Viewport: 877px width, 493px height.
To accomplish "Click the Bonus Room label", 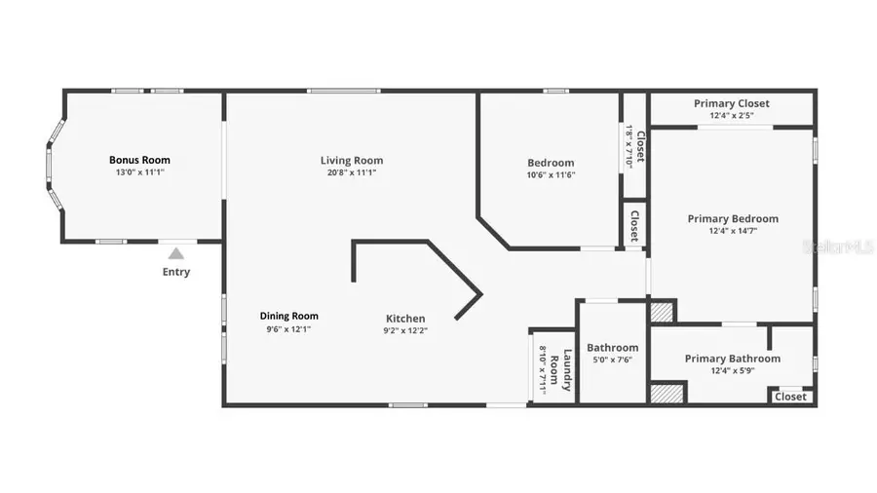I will coord(139,160).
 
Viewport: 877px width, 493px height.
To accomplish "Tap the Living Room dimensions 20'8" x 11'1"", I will coord(352,172).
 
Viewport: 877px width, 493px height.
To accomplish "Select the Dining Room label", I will coord(288,316).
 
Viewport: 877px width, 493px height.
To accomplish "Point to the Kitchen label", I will coord(405,319).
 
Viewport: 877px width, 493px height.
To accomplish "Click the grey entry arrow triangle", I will coord(176,253).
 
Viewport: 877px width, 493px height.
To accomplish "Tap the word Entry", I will coord(176,272).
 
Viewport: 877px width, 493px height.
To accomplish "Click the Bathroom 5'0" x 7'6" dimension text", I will coord(612,360).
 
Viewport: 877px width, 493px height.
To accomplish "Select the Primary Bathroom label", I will coord(732,359).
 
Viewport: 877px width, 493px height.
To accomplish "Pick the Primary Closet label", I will coord(732,103).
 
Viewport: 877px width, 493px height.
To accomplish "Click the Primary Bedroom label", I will coord(733,219).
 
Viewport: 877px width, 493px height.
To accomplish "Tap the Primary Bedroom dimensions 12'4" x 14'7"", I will coord(733,231).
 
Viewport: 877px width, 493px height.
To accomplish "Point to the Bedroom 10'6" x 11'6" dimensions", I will coord(551,175).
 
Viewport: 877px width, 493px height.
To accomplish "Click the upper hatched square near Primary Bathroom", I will coord(662,312).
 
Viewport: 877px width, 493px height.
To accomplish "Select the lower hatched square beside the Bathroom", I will coord(667,394).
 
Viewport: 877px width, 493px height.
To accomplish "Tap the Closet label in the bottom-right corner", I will coord(790,397).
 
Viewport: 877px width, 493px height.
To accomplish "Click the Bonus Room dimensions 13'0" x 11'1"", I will coord(139,172).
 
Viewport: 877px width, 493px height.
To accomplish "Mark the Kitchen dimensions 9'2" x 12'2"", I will coord(405,330).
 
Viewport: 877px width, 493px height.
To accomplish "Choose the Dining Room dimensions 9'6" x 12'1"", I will coord(288,328).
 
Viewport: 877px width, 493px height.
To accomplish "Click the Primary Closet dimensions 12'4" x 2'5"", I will coord(732,116).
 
